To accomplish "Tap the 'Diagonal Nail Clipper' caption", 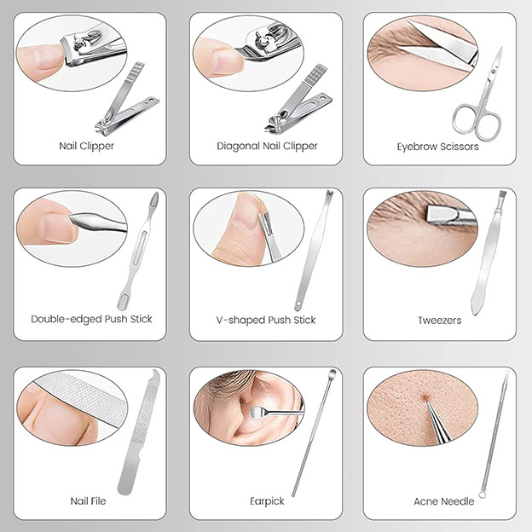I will click(x=267, y=146).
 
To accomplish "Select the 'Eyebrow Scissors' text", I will click(x=437, y=146).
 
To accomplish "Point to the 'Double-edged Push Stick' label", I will click(x=91, y=320).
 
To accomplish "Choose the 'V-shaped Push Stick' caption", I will click(x=266, y=320).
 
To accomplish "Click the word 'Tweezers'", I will click(x=439, y=320).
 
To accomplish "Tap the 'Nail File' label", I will click(x=88, y=501).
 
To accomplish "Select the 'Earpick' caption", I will click(x=265, y=501).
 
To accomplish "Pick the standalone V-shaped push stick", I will click(x=314, y=252).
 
